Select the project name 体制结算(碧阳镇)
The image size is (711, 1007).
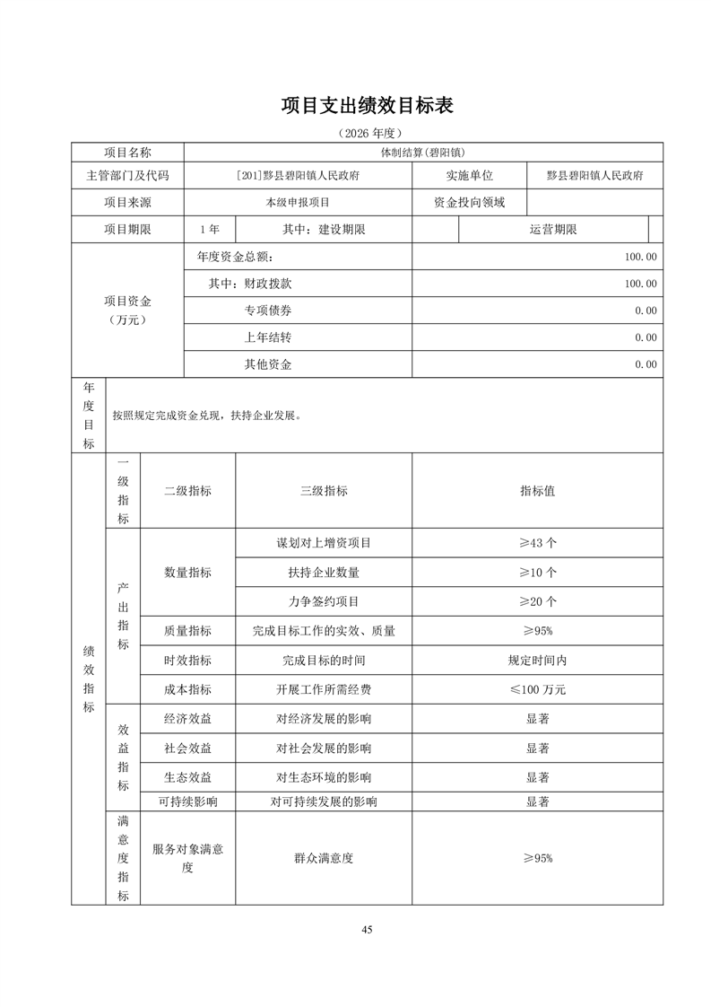(422, 153)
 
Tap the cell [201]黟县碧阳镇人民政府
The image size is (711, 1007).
(297, 176)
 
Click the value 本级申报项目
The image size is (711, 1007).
(297, 202)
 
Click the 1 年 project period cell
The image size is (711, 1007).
(209, 229)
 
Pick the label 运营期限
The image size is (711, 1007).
(552, 229)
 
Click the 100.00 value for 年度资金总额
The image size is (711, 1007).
(641, 257)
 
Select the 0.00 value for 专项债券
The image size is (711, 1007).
(646, 311)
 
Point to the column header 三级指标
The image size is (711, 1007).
(324, 491)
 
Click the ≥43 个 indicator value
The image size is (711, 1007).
(537, 543)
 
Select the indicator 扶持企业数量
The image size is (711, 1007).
(324, 572)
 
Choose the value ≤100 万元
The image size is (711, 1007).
(537, 689)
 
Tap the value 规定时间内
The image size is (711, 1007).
(537, 660)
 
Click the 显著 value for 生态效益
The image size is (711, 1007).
(537, 776)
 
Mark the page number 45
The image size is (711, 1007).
(367, 929)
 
